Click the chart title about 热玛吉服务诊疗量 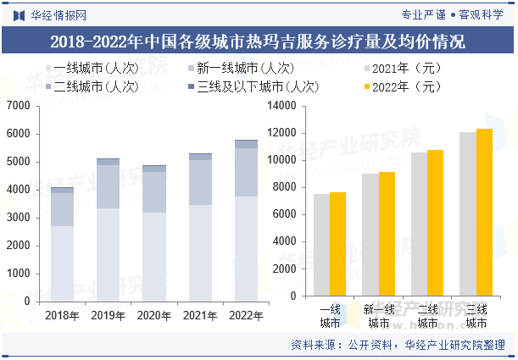(x=258, y=42)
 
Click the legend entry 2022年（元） (x=406, y=86)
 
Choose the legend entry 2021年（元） (x=406, y=69)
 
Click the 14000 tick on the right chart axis (x=281, y=106)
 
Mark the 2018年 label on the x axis (x=62, y=315)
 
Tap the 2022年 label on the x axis (x=247, y=315)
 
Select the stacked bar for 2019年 (x=108, y=230)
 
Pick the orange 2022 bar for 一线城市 (x=338, y=246)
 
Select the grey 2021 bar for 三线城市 (x=468, y=216)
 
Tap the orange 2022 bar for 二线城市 (x=436, y=225)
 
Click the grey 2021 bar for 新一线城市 (x=370, y=237)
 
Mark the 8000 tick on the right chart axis (x=283, y=190)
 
